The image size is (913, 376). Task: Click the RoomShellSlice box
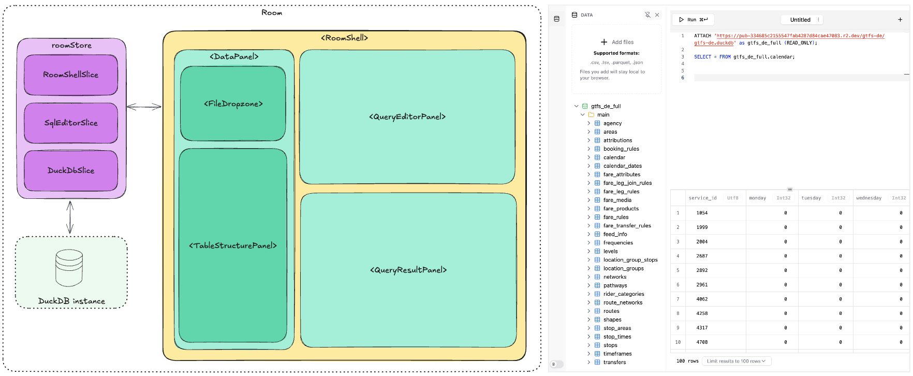71,75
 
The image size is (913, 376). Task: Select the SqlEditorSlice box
71,123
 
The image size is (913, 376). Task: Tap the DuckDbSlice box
71,170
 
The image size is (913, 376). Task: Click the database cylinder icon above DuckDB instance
69,268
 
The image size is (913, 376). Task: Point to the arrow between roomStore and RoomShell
144,107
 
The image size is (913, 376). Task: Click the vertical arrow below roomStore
70,217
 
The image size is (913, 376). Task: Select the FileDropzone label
233,104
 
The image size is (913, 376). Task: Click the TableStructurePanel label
233,245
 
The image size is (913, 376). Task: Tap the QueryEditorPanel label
407,117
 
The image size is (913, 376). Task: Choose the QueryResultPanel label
408,270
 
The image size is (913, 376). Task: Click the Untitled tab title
800,20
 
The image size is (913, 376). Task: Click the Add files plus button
604,42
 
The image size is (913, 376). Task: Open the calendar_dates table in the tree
622,166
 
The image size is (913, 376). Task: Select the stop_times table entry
617,337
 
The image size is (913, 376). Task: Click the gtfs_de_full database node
606,106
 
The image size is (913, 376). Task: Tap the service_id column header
702,198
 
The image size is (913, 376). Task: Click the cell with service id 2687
702,256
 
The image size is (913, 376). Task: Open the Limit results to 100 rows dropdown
736,361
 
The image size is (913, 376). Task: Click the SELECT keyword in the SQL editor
702,57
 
